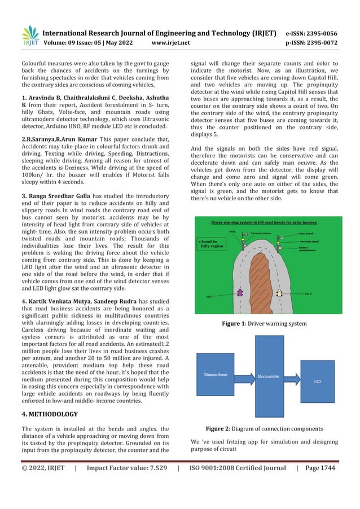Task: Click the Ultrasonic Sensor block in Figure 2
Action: [x=215, y=375]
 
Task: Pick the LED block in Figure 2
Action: [x=318, y=382]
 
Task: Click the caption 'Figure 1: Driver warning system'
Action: [x=265, y=323]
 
